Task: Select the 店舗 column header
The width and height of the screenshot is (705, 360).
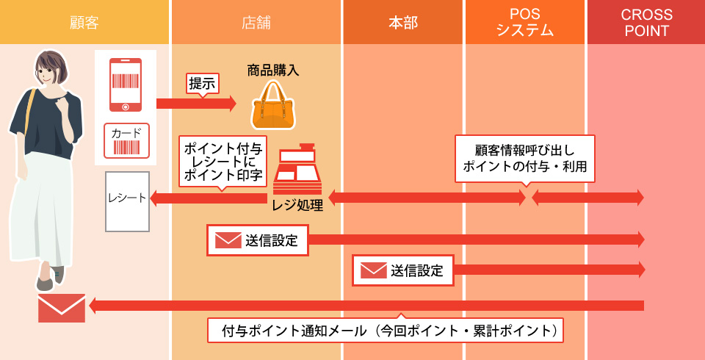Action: pyautogui.click(x=256, y=22)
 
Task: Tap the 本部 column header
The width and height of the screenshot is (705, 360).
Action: pyautogui.click(x=402, y=22)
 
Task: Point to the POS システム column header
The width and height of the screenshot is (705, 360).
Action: pyautogui.click(x=524, y=22)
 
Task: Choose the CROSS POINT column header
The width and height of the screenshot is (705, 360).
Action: pyautogui.click(x=646, y=22)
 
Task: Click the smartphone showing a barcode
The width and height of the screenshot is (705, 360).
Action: pyautogui.click(x=126, y=84)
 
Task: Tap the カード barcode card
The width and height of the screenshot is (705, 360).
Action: pyautogui.click(x=126, y=141)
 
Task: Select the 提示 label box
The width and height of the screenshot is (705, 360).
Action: pyautogui.click(x=203, y=84)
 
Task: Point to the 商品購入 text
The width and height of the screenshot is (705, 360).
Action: pyautogui.click(x=273, y=71)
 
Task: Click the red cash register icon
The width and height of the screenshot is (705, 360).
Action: pyautogui.click(x=297, y=170)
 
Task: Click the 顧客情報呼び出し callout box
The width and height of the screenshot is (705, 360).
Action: pyautogui.click(x=524, y=158)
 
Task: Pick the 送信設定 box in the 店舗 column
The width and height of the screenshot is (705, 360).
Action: pyautogui.click(x=257, y=240)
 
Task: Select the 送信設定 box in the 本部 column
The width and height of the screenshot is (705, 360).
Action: pyautogui.click(x=402, y=270)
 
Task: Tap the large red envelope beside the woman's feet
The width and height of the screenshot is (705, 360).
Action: pyautogui.click(x=62, y=308)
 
